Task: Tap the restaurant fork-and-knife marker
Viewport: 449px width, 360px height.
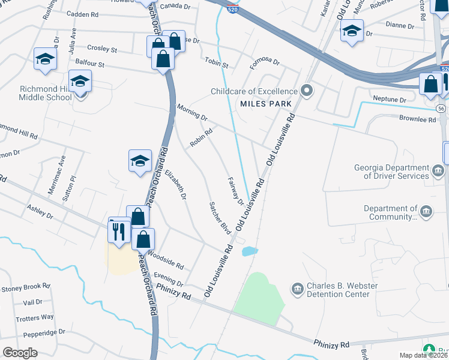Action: coord(119,231)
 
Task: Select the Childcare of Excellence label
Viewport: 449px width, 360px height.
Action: coord(255,91)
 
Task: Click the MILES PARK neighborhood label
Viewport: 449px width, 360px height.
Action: coord(266,104)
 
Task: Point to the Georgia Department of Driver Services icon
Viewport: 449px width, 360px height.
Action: coord(438,170)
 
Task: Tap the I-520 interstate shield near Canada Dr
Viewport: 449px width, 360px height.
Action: coord(232,8)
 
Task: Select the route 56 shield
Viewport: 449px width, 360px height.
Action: coord(441,108)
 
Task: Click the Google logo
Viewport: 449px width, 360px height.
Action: coord(20,353)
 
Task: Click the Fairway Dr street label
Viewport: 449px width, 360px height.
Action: coord(236,191)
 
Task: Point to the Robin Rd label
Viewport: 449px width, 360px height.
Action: coord(202,138)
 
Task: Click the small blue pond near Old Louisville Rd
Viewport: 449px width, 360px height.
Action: coord(250,251)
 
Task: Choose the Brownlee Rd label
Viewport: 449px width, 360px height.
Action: coord(417,119)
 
